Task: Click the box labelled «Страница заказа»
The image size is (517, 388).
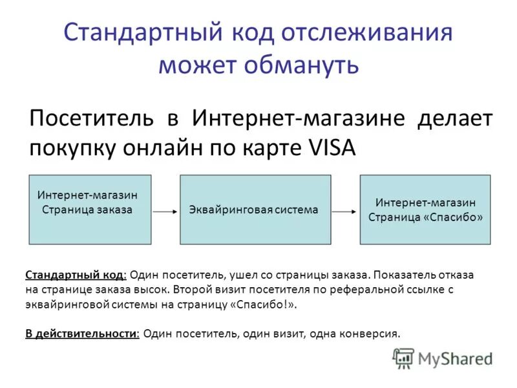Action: coord(90,209)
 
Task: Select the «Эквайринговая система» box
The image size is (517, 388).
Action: coord(255,209)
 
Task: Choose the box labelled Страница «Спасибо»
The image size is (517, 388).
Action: coord(425,209)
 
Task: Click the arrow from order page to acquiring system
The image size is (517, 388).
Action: coord(165,211)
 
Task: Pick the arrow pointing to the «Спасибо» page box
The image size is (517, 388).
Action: coord(345,211)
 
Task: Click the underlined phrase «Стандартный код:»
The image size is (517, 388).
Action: coord(76,275)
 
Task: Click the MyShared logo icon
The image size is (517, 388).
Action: coord(403,357)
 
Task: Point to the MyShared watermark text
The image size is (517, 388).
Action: coord(455,358)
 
